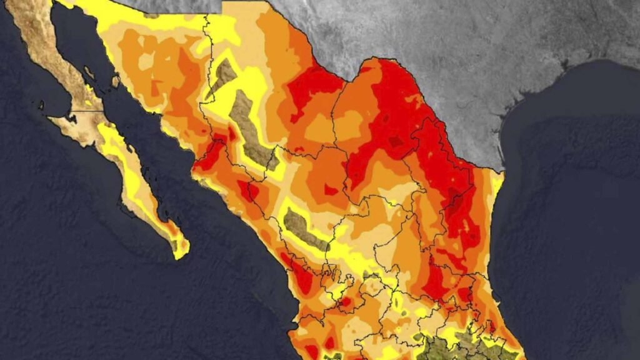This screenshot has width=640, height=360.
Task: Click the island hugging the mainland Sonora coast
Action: tap(116, 80)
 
